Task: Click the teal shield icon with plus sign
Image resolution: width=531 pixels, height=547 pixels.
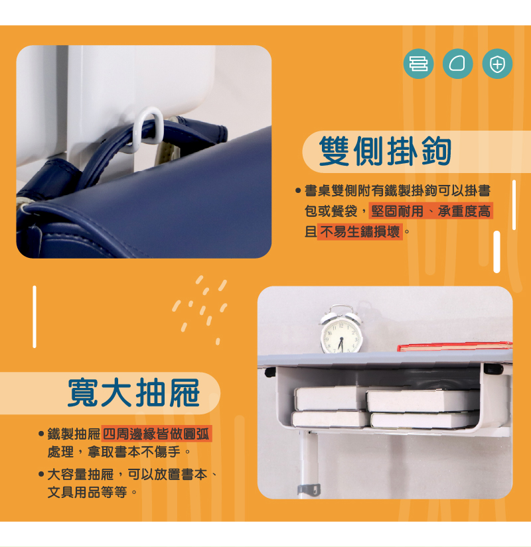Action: (x=497, y=64)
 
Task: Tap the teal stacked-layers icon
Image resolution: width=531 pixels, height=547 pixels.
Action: (x=419, y=64)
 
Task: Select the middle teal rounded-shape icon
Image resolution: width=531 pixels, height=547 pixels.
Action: (x=457, y=64)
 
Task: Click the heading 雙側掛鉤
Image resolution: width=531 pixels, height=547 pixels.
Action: (x=385, y=151)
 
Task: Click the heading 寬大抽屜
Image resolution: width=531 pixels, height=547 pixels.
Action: (x=133, y=393)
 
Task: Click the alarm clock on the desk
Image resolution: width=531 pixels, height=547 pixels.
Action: (x=341, y=329)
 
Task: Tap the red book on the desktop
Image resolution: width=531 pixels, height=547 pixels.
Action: (x=455, y=346)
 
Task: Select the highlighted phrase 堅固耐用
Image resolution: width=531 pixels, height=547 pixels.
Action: (x=397, y=211)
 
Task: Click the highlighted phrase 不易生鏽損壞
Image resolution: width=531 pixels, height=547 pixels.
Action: (x=360, y=231)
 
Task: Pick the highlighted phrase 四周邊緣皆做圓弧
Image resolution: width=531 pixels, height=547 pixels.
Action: (x=156, y=434)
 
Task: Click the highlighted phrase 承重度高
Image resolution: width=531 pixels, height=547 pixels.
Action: (x=464, y=211)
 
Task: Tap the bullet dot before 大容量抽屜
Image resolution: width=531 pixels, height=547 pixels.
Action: (x=41, y=474)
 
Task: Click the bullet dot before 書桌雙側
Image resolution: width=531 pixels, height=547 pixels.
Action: (x=298, y=190)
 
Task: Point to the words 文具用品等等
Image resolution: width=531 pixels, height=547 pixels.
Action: (x=88, y=492)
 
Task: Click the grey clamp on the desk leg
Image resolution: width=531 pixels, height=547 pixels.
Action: (x=309, y=489)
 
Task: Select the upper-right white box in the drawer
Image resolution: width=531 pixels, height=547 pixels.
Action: (x=423, y=400)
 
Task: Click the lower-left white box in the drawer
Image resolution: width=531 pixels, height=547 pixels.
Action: (x=330, y=418)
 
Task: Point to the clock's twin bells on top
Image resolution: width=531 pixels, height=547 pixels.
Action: (x=341, y=313)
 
